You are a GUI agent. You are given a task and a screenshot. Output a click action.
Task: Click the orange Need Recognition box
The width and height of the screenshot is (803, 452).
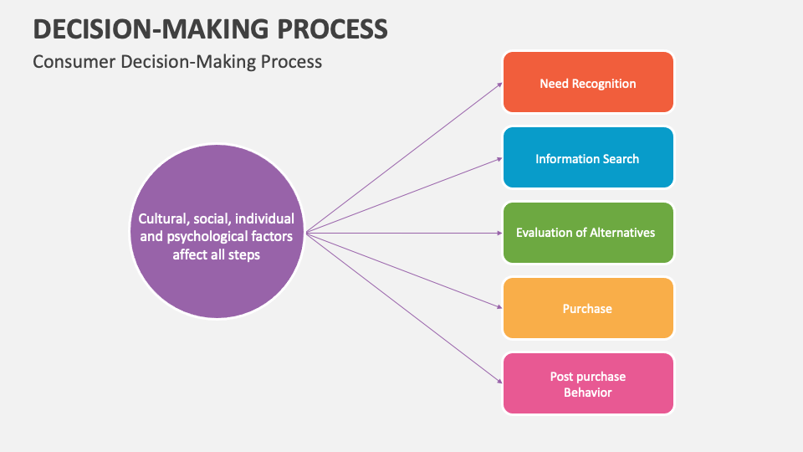pyautogui.click(x=588, y=83)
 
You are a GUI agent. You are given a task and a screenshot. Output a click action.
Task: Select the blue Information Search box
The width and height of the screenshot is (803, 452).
pyautogui.click(x=588, y=158)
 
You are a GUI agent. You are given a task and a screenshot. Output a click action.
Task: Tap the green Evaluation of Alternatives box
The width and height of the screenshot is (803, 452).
pyautogui.click(x=588, y=233)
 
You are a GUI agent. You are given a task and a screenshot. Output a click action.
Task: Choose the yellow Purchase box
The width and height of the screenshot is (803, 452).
pyautogui.click(x=588, y=308)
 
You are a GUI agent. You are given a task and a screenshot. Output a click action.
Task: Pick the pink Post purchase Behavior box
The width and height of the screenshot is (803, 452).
pyautogui.click(x=588, y=383)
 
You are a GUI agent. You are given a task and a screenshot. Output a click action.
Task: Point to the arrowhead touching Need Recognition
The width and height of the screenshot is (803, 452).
pyautogui.click(x=499, y=85)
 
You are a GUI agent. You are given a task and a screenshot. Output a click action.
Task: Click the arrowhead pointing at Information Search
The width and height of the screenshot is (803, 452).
pyautogui.click(x=499, y=158)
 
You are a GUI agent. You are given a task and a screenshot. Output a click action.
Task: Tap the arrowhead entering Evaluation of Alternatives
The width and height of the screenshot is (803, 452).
pyautogui.click(x=499, y=233)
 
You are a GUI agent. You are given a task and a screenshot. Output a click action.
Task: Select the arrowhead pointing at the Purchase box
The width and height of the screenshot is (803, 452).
pyautogui.click(x=499, y=307)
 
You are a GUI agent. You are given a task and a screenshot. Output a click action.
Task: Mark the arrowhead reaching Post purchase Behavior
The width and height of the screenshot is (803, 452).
pyautogui.click(x=499, y=381)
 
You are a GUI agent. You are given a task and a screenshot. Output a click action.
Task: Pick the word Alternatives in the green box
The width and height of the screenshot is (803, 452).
pyautogui.click(x=622, y=233)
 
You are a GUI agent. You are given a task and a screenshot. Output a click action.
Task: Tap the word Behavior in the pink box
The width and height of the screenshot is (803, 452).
pyautogui.click(x=588, y=393)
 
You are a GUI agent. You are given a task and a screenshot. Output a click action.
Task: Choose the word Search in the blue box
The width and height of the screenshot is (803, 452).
pyautogui.click(x=621, y=158)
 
